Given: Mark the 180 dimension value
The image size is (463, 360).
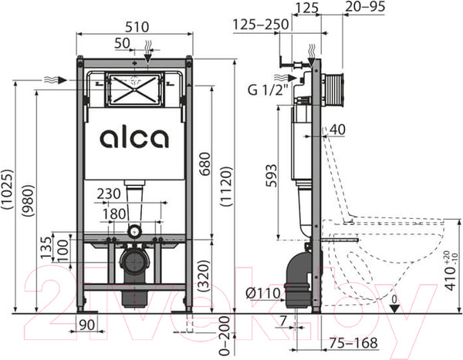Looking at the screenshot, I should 116,213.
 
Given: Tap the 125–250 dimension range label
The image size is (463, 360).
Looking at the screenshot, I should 261,25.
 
